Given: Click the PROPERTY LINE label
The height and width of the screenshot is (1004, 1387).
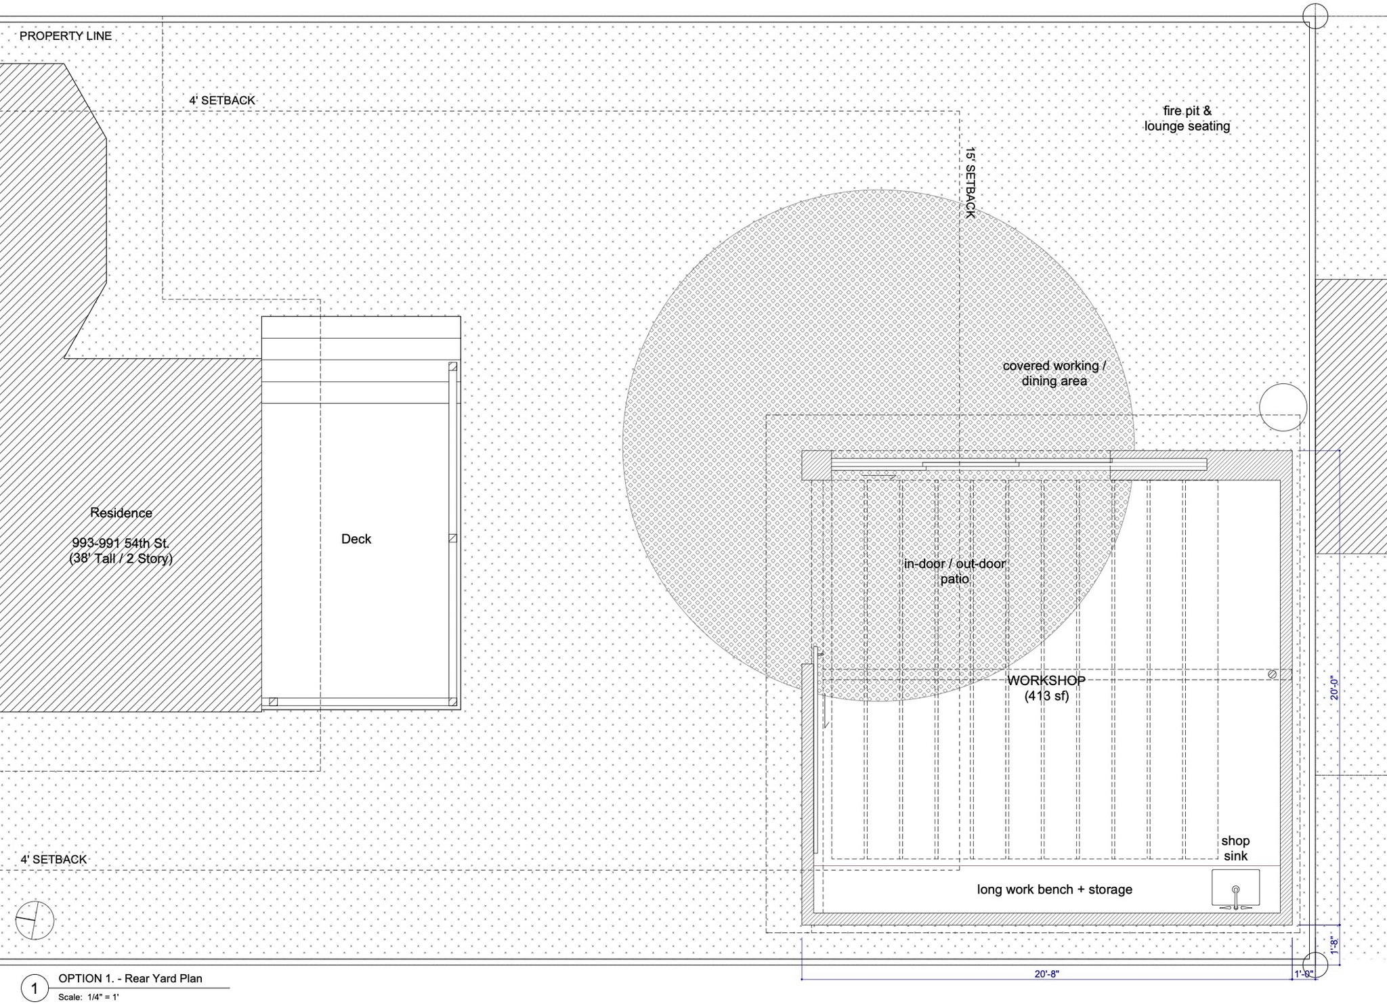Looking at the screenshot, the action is click(66, 36).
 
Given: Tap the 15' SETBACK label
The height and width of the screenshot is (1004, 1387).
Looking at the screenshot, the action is click(970, 182).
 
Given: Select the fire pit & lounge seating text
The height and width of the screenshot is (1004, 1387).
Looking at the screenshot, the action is click(1187, 118).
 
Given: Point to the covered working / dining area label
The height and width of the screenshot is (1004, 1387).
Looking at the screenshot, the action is click(1054, 373).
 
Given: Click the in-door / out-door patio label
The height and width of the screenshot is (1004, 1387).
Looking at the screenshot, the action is click(955, 571).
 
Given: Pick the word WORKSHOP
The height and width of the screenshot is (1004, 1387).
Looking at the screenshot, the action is click(1046, 680).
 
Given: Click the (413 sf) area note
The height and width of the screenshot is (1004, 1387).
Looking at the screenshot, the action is click(1046, 695).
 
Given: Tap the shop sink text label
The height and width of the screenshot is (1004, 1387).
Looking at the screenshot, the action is click(1235, 848).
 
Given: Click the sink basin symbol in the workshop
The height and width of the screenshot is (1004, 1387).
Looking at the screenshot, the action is click(1235, 889).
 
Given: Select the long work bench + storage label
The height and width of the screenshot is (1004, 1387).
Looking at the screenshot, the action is click(1054, 890).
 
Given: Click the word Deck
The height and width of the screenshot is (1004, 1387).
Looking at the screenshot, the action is click(356, 539).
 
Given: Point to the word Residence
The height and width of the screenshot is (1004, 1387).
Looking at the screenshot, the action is click(121, 513).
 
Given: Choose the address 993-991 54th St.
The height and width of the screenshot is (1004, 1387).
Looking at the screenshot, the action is click(121, 543).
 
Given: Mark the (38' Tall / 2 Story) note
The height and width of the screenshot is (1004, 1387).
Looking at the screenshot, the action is click(121, 559).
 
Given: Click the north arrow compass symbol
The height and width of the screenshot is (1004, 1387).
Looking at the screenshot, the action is click(35, 920).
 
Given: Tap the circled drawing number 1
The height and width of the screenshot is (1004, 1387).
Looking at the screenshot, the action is click(35, 988).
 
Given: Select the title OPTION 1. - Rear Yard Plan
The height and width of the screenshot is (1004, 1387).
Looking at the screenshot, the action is click(130, 978).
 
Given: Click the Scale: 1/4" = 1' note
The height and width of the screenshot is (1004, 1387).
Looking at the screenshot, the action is click(89, 997).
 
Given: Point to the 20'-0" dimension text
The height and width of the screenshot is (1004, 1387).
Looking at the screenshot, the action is click(1333, 688).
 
